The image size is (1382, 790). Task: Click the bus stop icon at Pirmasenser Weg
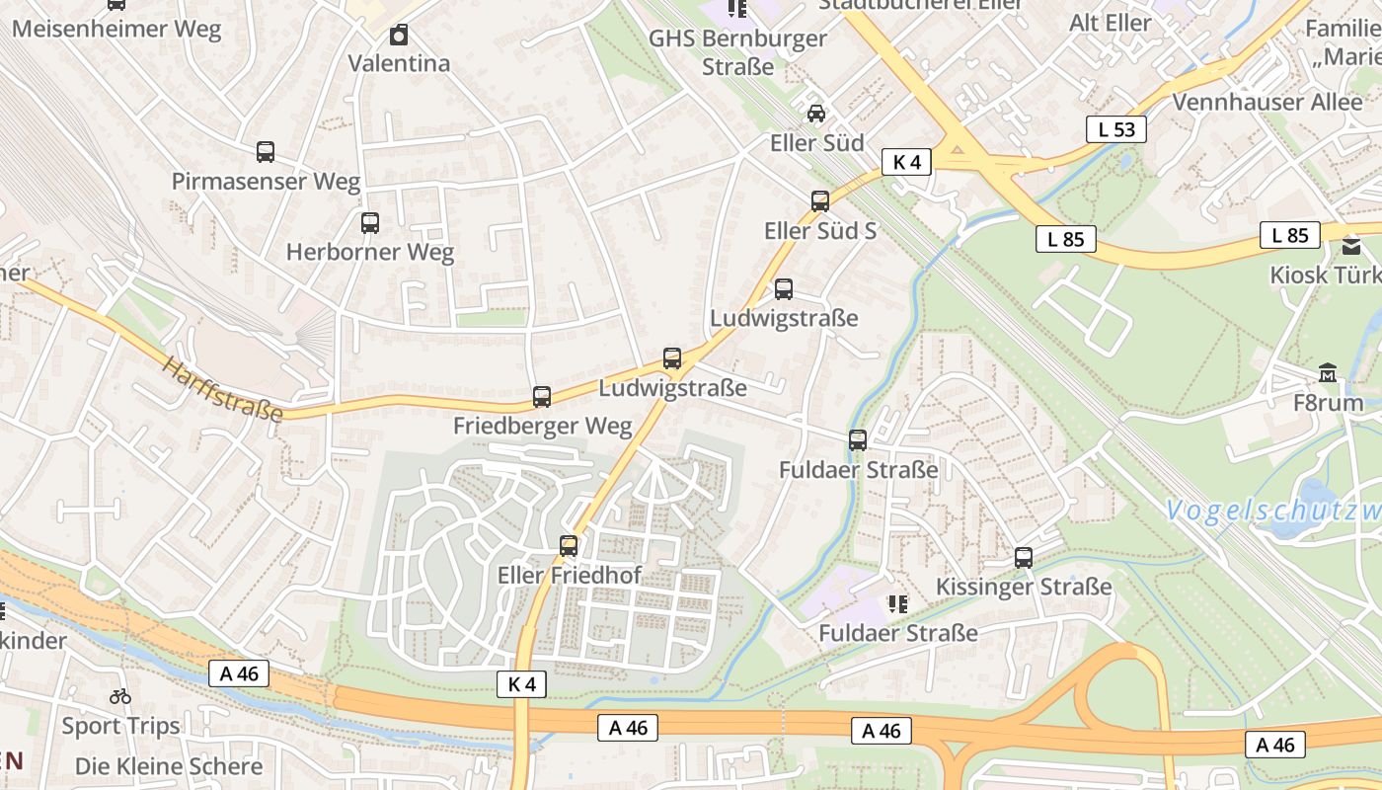[x=265, y=152]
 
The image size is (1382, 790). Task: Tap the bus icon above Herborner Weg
[x=370, y=223]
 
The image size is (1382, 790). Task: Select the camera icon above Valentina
[x=398, y=36]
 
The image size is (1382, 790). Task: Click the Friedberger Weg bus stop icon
[x=542, y=397]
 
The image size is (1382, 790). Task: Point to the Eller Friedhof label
[x=570, y=575]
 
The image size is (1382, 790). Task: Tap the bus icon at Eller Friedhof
[x=569, y=546]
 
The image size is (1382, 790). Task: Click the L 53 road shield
[x=1116, y=129]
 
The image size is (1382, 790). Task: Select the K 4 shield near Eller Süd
[x=906, y=162]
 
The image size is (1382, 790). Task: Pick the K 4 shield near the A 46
[x=521, y=684]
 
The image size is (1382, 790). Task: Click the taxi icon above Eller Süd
[x=816, y=114]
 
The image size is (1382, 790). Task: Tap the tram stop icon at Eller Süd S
[x=820, y=201]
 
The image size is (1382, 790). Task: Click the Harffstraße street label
[x=222, y=390]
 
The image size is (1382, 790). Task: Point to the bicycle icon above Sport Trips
[x=120, y=696]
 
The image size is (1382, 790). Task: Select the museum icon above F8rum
[x=1328, y=373]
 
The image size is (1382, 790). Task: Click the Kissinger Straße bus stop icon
[x=1024, y=558]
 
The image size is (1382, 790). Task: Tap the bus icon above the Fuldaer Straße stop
[x=858, y=440]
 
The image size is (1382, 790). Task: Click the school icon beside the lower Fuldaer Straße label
[x=897, y=603]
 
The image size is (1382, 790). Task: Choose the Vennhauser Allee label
[x=1267, y=102]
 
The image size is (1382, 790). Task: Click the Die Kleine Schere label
[x=169, y=766]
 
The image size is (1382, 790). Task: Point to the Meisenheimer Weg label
[x=116, y=29]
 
